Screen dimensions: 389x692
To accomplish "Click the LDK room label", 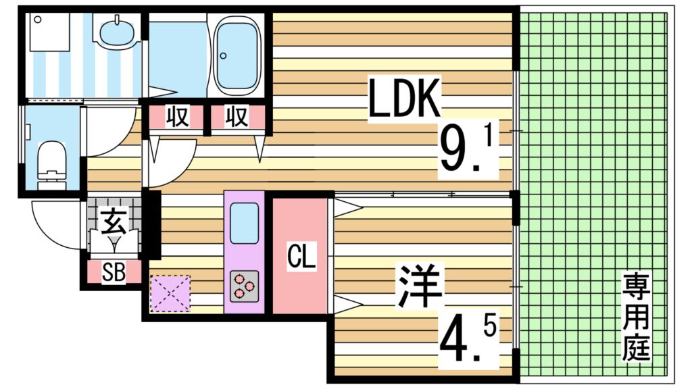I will coord(404,99).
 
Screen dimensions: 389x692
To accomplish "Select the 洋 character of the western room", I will coord(420,287).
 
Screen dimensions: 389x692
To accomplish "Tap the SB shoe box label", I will coord(113,272).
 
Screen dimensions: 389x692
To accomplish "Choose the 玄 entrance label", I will coord(112,220).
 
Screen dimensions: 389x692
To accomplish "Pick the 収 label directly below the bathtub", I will coord(236,118).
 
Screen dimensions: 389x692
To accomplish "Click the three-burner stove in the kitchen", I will coord(244,286).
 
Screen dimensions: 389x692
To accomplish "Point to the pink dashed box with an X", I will coord(170,293).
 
